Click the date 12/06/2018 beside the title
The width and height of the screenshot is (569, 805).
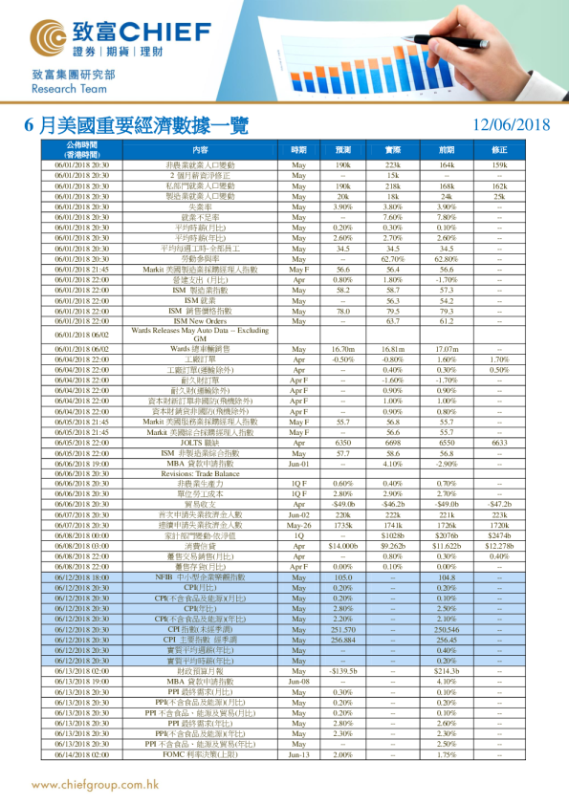[512, 124]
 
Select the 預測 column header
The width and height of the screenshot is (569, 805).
[342, 150]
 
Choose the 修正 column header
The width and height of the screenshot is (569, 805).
[499, 150]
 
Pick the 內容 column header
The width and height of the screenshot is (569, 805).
[200, 150]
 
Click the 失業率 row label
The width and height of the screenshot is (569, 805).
[200, 207]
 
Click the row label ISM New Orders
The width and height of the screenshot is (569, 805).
[200, 322]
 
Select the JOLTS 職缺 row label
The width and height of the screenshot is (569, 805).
[200, 443]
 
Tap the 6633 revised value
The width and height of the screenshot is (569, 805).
[499, 443]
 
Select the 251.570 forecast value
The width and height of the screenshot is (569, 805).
[342, 631]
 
